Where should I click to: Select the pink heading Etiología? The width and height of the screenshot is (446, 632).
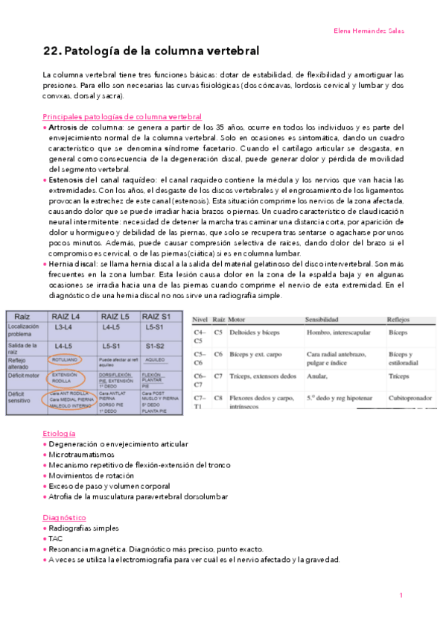60,433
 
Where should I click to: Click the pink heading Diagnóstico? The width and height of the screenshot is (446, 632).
64,517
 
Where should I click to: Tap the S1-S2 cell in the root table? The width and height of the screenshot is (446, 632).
156,347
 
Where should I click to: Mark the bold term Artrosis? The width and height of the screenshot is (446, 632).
63,127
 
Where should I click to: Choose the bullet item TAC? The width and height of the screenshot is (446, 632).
56,538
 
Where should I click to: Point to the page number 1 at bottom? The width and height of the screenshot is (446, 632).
401,595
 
